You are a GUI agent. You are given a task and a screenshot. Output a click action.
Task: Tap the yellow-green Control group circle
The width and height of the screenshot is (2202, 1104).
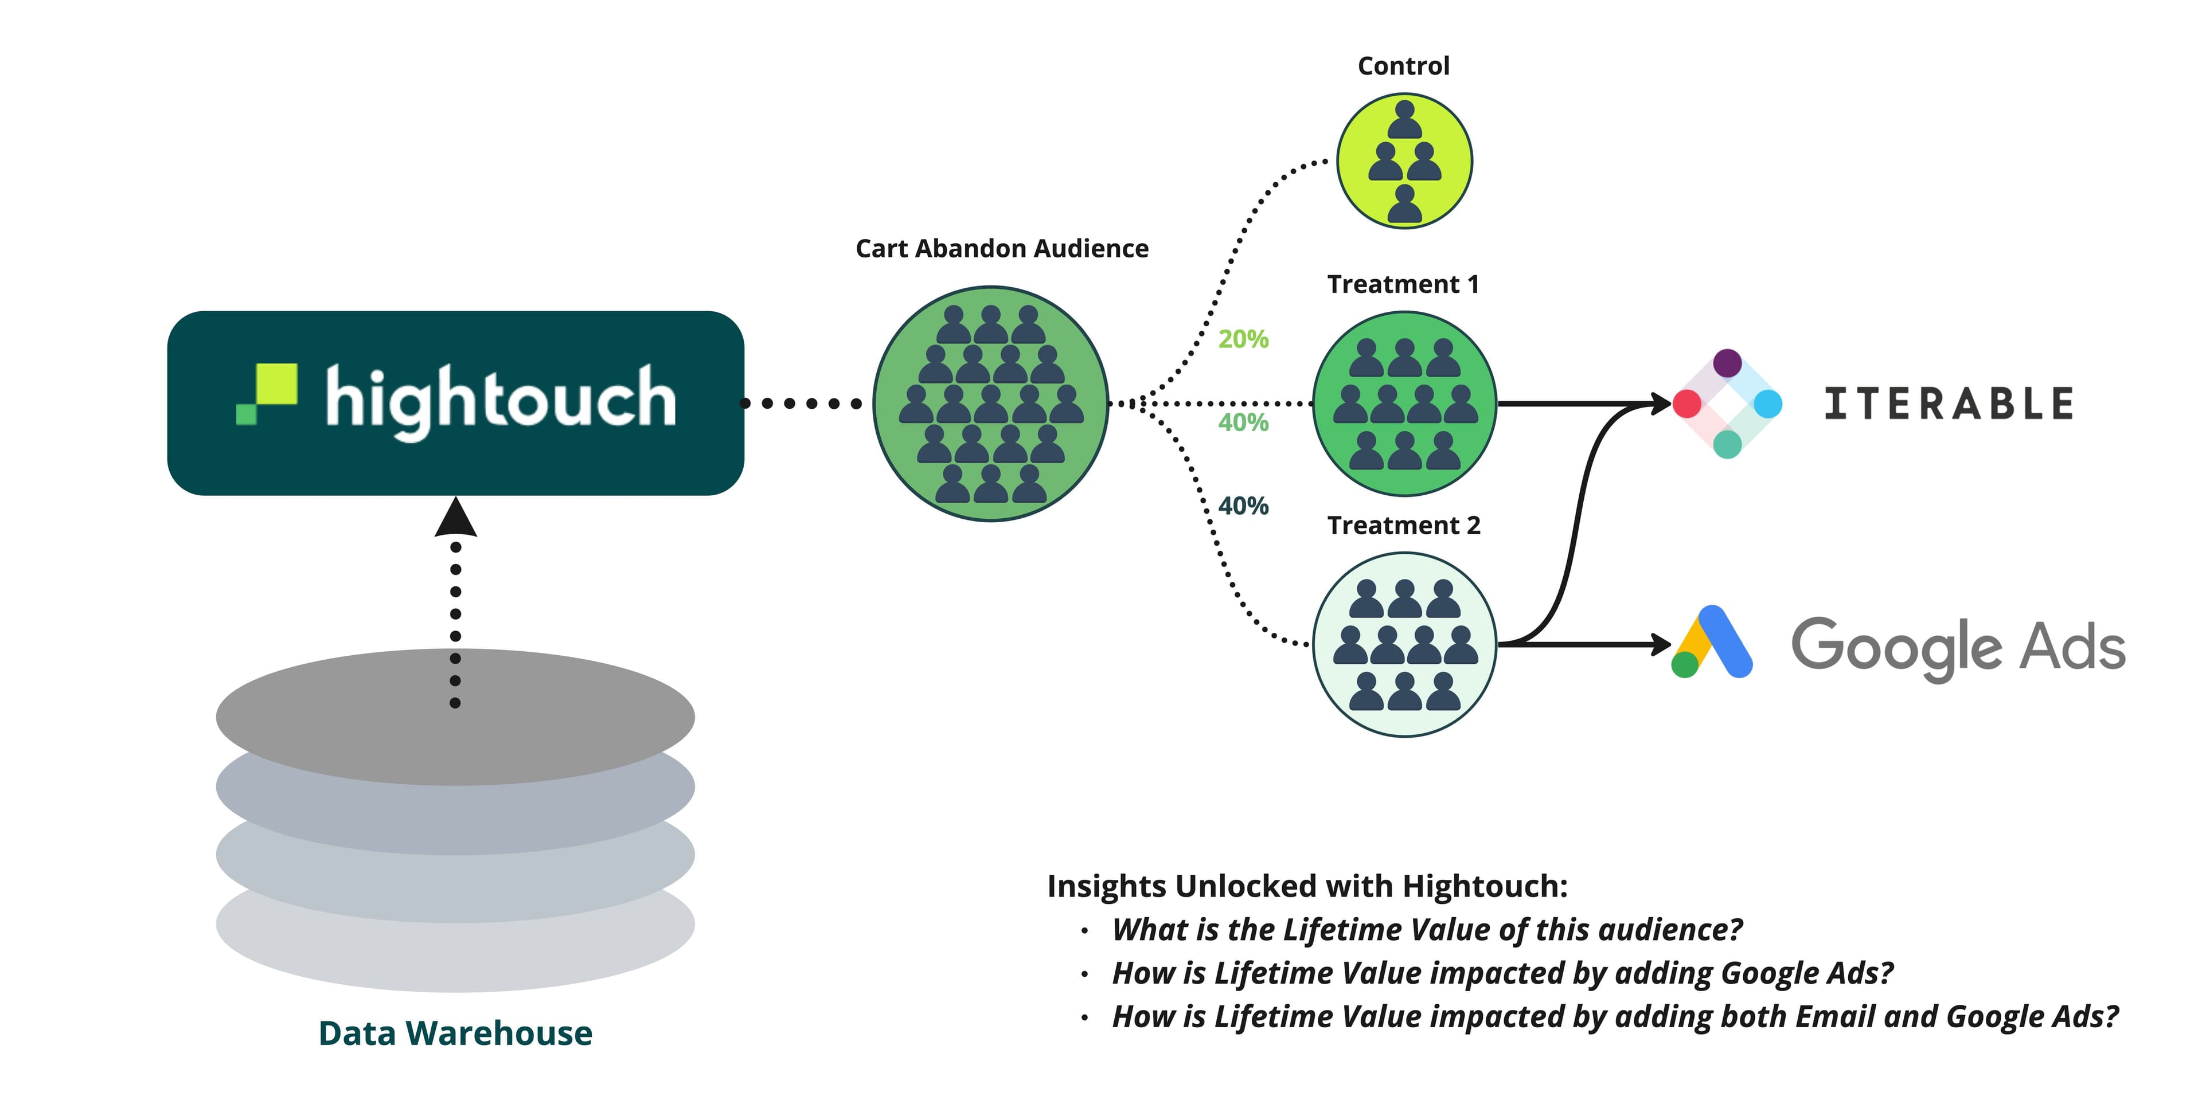click(1404, 160)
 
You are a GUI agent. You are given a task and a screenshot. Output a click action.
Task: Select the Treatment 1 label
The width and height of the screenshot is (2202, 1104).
click(1403, 284)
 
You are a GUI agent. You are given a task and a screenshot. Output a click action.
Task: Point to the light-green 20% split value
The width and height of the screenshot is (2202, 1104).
click(1243, 339)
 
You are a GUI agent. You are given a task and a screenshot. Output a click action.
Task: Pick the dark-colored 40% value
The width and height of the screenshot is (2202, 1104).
click(1243, 506)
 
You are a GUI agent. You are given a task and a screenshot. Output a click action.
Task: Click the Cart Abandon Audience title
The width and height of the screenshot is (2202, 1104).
click(1002, 249)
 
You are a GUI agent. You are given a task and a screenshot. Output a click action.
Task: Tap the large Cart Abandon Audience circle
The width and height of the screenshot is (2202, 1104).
click(991, 404)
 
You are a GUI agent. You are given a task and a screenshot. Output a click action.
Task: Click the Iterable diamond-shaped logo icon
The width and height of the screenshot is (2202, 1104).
click(1727, 404)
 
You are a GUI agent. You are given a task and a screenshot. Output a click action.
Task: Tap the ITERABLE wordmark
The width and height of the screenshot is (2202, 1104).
click(1949, 404)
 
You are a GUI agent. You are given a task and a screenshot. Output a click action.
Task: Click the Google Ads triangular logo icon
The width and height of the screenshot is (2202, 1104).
click(1712, 643)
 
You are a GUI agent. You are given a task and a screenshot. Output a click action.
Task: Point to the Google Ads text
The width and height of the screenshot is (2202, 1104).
click(1958, 647)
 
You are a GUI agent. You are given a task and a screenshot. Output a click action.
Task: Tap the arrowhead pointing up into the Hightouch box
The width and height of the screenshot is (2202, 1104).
click(456, 518)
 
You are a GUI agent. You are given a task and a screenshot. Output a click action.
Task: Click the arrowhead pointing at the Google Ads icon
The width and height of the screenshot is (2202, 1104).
click(1661, 644)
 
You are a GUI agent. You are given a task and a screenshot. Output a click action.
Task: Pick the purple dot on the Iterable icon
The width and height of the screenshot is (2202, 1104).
click(1727, 362)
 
